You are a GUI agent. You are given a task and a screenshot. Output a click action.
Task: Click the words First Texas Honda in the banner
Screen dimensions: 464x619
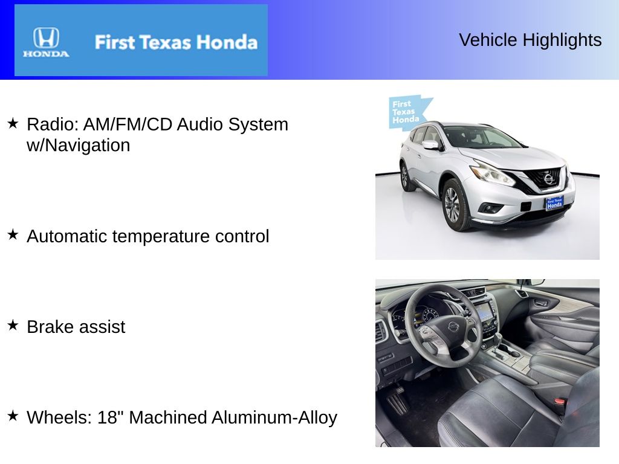(x=176, y=42)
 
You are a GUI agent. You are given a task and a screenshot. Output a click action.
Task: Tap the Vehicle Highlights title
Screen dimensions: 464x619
(x=530, y=40)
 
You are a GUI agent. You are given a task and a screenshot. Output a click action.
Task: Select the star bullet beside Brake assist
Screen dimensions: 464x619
(x=13, y=325)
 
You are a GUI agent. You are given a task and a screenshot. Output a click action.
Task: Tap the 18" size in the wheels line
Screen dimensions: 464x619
(x=111, y=417)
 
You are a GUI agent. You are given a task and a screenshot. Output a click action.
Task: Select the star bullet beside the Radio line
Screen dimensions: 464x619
(x=13, y=123)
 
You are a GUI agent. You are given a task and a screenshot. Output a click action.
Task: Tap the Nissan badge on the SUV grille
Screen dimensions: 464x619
(x=548, y=179)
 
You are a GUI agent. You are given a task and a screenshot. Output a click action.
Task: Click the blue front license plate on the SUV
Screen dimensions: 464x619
(x=554, y=203)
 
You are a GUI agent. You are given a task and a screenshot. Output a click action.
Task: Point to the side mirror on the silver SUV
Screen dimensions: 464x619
(x=430, y=145)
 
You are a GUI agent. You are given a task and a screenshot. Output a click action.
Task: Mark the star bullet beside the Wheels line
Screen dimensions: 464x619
(x=13, y=416)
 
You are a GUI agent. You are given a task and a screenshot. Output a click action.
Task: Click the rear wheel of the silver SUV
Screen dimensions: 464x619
(x=404, y=177)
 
